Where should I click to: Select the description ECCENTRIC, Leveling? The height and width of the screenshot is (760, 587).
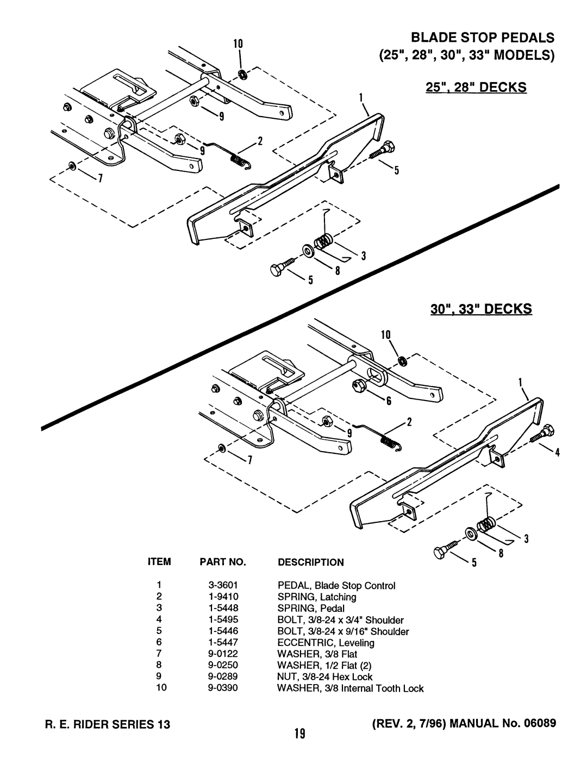326,643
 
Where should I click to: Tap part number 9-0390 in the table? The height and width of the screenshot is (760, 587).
223,688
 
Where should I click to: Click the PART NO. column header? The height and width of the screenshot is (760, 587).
223,562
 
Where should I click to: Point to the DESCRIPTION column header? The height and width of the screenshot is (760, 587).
311,562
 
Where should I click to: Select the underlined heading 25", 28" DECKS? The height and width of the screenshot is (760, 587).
476,87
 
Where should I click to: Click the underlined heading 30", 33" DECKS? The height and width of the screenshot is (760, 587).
482,309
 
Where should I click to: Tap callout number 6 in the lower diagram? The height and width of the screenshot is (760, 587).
389,401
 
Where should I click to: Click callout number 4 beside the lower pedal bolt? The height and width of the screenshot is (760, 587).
558,453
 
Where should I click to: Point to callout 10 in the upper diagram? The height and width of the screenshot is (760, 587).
238,44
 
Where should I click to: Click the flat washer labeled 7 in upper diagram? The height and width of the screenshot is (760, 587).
71,166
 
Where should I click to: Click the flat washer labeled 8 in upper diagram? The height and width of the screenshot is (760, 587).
308,251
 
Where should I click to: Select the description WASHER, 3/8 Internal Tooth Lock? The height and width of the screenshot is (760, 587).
351,688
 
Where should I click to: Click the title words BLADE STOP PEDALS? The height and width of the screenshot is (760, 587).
483,37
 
